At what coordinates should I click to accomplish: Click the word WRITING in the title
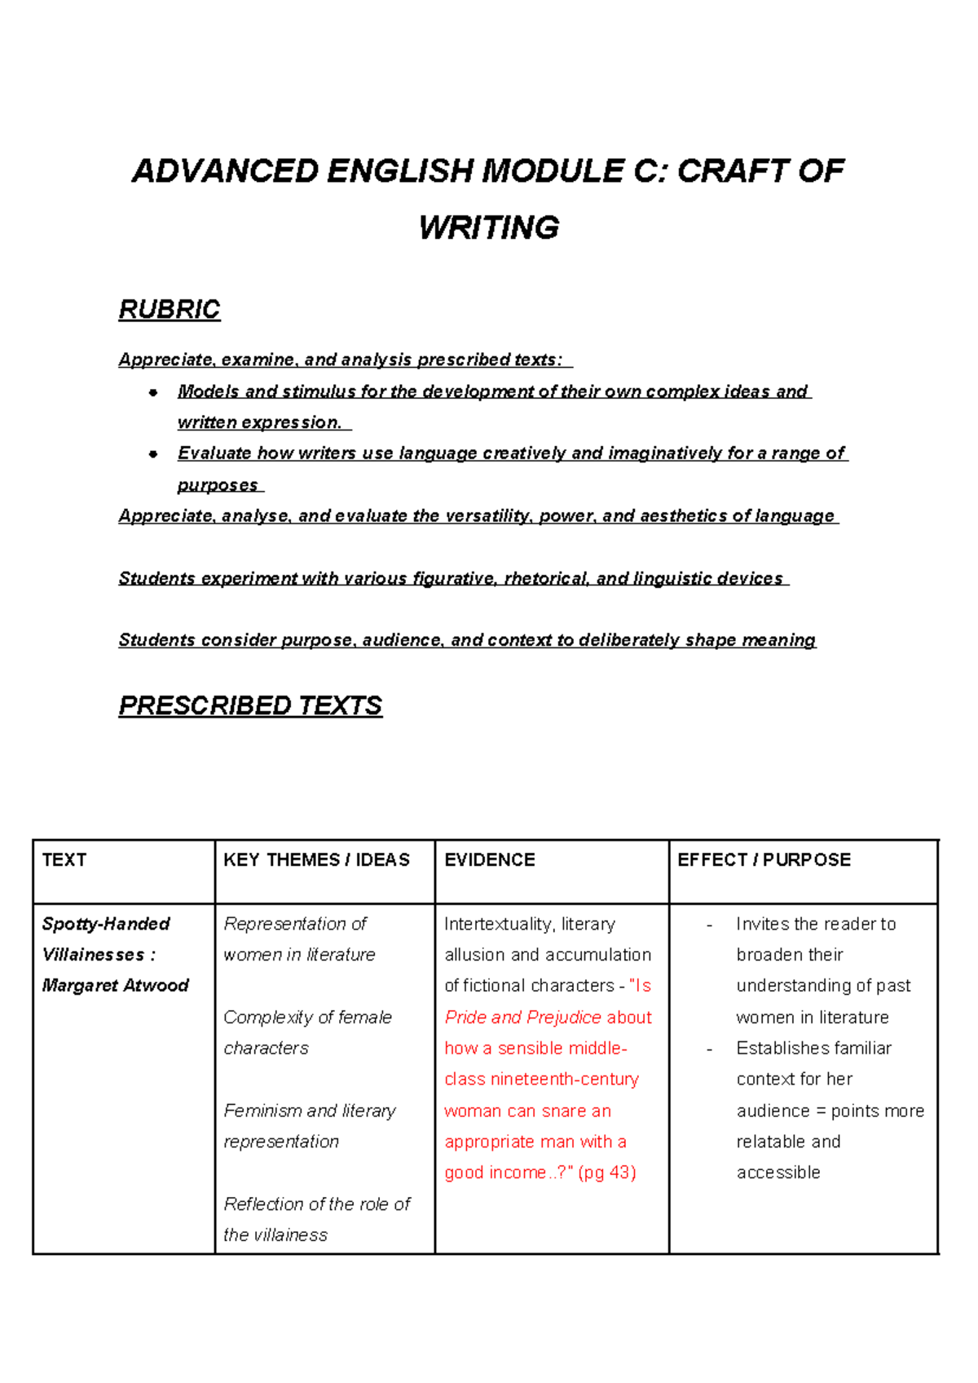(x=489, y=228)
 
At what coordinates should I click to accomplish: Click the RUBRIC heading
(x=170, y=310)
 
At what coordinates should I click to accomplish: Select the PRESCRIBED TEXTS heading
(x=250, y=705)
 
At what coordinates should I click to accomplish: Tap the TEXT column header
(x=64, y=859)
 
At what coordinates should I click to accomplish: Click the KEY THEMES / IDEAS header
(x=316, y=859)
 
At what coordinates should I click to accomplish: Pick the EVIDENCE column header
(x=490, y=859)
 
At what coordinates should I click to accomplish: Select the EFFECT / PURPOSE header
(x=764, y=859)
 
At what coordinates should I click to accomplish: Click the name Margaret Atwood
(x=115, y=985)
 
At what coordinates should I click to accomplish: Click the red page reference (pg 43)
(x=607, y=1173)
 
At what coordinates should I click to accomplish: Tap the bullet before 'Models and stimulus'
(x=152, y=392)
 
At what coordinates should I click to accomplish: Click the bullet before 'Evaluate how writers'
(x=152, y=454)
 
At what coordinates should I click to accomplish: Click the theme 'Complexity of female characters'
(x=307, y=1032)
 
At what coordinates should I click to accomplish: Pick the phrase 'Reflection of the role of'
(x=317, y=1204)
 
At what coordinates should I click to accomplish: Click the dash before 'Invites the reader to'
(x=709, y=925)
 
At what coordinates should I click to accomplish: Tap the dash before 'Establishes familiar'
(x=709, y=1049)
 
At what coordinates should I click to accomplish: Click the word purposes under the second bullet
(x=217, y=485)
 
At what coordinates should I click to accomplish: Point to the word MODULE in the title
(x=553, y=171)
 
